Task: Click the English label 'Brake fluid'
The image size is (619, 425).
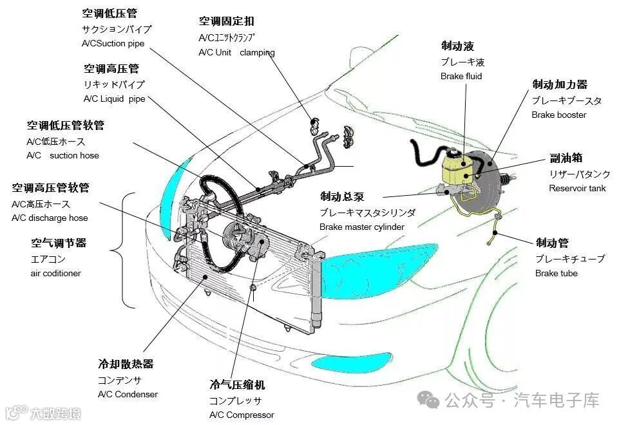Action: pyautogui.click(x=461, y=77)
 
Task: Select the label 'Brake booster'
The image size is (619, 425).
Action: pyautogui.click(x=558, y=115)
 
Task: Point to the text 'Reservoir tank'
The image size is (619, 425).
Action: pyautogui.click(x=577, y=189)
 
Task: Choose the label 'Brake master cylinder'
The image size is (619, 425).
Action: pyautogui.click(x=361, y=227)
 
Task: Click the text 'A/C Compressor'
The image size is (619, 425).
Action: pyautogui.click(x=241, y=415)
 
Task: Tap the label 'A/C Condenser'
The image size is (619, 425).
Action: pyautogui.click(x=128, y=394)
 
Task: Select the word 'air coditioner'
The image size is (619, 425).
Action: pyautogui.click(x=56, y=274)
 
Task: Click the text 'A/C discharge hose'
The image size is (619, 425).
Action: pyautogui.click(x=50, y=218)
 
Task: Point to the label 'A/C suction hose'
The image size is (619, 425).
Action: pyautogui.click(x=63, y=156)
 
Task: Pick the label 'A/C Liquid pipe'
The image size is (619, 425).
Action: pyautogui.click(x=114, y=99)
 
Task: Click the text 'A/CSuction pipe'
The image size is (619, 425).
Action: pyautogui.click(x=113, y=44)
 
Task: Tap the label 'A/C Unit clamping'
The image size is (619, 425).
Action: pyautogui.click(x=236, y=53)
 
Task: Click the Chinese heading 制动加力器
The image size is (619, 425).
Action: pyautogui.click(x=559, y=84)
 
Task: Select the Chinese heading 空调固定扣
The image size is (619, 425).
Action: pyautogui.click(x=226, y=21)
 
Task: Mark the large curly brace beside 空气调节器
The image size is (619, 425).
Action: pyautogui.click(x=126, y=250)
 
